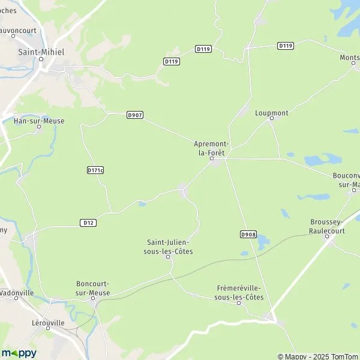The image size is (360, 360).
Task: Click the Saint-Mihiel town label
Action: [41, 52]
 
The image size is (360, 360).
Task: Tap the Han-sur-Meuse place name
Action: [38, 121]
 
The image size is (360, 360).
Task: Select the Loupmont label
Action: [271, 112]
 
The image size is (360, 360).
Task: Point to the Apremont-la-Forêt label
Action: [211, 148]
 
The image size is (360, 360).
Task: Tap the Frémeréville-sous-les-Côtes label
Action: [239, 292]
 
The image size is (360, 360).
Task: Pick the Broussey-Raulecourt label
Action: [328, 226]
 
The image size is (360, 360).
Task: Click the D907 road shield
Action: [135, 115]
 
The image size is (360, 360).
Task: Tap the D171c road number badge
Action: [95, 170]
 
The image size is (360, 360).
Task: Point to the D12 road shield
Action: [88, 223]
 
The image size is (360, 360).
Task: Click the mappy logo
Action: [19, 353]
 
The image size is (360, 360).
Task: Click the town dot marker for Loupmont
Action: [271, 119]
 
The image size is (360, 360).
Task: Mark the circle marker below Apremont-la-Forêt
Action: [211, 160]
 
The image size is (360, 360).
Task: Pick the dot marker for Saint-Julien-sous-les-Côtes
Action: [169, 257]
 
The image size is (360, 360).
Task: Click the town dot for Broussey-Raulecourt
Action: [328, 236]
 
